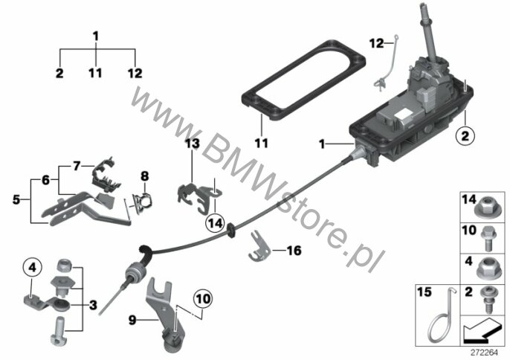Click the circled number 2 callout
click(465, 135)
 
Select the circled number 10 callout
click(203, 298)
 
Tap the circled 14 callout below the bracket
click(216, 224)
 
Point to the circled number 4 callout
click(32, 268)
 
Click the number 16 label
click(294, 251)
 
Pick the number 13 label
click(193, 143)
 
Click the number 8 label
click(144, 176)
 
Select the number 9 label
click(132, 321)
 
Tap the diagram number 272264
click(485, 353)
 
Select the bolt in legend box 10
click(487, 238)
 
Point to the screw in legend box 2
click(488, 300)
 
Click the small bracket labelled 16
click(259, 246)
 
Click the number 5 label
click(16, 199)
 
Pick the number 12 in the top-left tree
click(135, 73)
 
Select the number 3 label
click(93, 305)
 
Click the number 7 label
click(77, 167)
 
